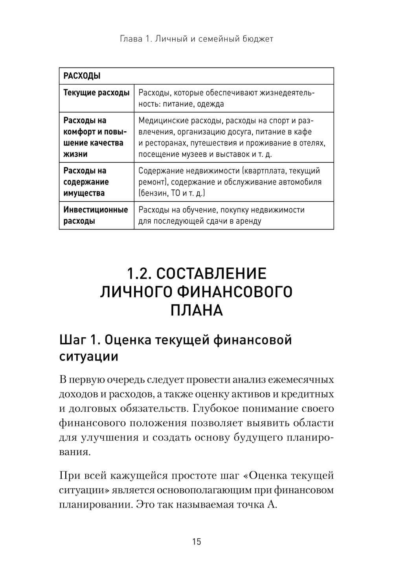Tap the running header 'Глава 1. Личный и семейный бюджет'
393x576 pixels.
coord(196,39)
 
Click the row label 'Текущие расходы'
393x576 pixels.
coord(96,93)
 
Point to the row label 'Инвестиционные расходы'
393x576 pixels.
coord(95,215)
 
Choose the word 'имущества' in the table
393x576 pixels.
coord(84,193)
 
